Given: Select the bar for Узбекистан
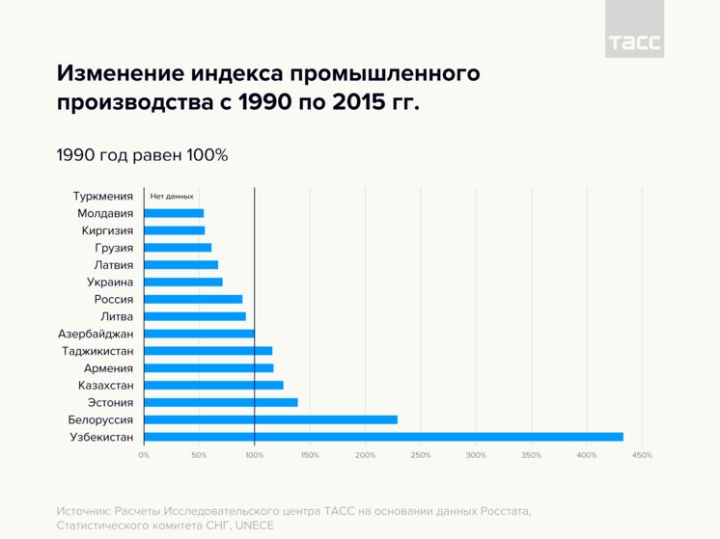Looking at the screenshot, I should (x=383, y=437).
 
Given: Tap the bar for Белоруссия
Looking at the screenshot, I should (x=270, y=419).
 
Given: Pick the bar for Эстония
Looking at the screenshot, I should (x=221, y=402).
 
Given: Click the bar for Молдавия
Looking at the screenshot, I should (x=174, y=213).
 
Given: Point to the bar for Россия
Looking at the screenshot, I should (x=193, y=299).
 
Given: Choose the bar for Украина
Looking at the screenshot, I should (x=183, y=282).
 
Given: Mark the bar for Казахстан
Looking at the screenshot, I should (x=213, y=385).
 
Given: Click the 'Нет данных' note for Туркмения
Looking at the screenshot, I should (x=172, y=196).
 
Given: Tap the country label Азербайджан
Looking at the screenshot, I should (x=96, y=334).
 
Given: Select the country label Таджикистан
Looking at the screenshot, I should (x=97, y=351).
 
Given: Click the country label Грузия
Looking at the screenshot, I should (x=114, y=248).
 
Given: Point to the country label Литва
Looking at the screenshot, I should (x=117, y=316).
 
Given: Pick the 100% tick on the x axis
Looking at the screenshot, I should (x=255, y=455).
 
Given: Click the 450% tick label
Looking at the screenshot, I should (x=642, y=455).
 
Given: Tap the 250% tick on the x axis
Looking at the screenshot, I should (x=421, y=455).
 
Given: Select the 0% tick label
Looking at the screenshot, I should (x=144, y=455).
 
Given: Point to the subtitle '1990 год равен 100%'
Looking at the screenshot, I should (x=142, y=154).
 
